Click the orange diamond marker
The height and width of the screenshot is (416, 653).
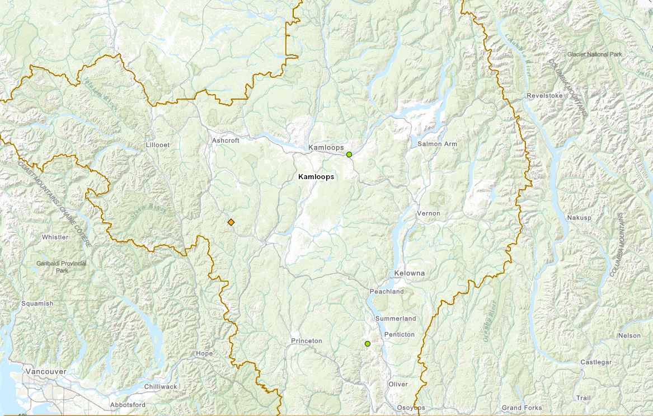click(x=231, y=222)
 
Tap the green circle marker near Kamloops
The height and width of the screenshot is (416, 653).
click(x=349, y=155)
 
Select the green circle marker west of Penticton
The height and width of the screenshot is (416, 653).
click(x=368, y=343)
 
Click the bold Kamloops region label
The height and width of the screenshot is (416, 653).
click(x=316, y=176)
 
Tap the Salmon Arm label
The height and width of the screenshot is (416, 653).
click(x=437, y=144)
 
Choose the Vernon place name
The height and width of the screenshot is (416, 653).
click(x=429, y=213)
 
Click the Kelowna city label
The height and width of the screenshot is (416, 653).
click(x=409, y=273)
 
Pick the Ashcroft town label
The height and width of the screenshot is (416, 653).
click(x=226, y=141)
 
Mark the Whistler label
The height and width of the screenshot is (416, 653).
click(x=55, y=237)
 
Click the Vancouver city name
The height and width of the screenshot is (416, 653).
click(x=46, y=371)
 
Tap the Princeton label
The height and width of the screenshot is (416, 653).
click(x=306, y=341)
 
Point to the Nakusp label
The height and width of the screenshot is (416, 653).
click(x=579, y=217)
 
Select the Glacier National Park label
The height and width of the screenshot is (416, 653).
click(x=594, y=54)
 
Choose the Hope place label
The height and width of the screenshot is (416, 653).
click(x=204, y=353)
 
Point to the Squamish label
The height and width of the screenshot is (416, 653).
click(x=37, y=303)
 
